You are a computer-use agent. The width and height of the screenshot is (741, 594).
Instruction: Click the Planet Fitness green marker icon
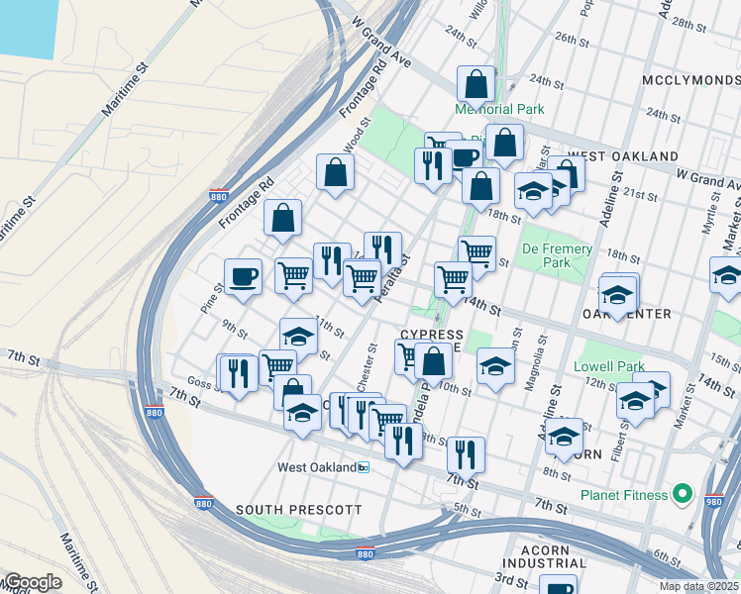point(682,493)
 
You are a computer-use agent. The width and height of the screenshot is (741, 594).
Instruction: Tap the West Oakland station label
point(317,467)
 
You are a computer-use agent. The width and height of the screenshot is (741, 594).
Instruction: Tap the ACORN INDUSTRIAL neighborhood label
point(551,556)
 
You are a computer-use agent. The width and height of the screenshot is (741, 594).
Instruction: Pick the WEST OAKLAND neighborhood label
point(623,156)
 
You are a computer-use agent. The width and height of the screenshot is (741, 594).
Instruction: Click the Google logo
point(32,582)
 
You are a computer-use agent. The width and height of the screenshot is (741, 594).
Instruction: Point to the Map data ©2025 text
point(699,586)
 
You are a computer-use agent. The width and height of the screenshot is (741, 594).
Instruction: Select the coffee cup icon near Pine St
point(243,277)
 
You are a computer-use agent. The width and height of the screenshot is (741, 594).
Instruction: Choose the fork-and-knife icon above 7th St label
point(466,453)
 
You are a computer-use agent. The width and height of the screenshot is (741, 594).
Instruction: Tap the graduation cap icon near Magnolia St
point(495,365)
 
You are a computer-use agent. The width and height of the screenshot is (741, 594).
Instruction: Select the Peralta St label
point(394,280)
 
